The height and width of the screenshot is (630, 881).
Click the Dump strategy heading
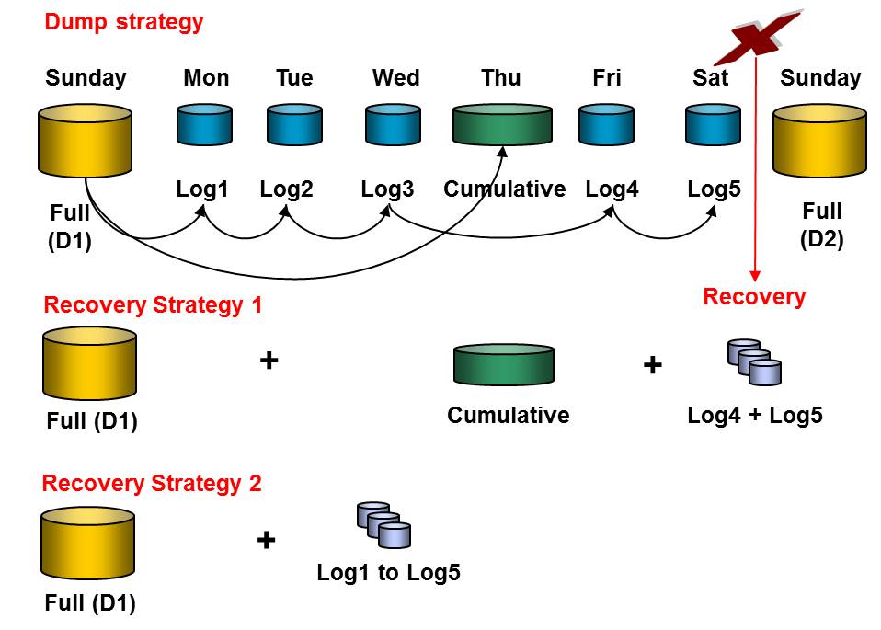(x=124, y=21)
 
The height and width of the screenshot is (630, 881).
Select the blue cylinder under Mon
(x=206, y=124)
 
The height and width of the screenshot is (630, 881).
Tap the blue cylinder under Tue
(x=294, y=124)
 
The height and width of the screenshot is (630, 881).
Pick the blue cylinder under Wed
(x=394, y=124)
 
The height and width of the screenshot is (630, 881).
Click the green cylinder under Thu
(x=502, y=124)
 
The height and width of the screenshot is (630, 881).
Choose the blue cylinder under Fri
(x=607, y=124)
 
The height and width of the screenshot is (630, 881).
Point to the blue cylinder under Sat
(x=713, y=124)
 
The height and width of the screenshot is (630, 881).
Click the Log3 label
(x=387, y=189)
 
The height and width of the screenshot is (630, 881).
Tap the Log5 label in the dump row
(x=714, y=189)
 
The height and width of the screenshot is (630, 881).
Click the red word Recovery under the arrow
(x=754, y=296)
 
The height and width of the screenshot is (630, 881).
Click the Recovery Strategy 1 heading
(x=153, y=305)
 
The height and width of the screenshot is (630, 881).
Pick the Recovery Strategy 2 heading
(x=152, y=483)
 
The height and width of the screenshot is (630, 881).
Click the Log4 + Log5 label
(x=754, y=415)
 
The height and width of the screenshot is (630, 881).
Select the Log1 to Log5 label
(x=388, y=573)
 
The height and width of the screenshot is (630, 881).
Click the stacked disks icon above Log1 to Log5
(x=383, y=525)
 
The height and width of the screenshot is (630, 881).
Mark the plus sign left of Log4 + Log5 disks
(x=652, y=365)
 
